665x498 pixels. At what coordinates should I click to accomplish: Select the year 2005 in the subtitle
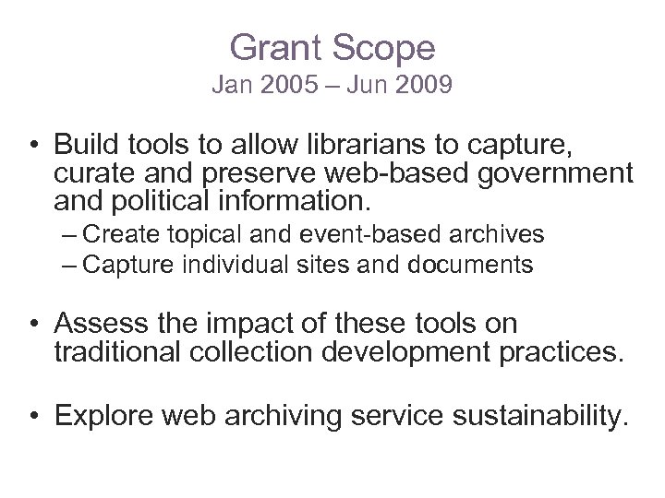(x=285, y=87)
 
